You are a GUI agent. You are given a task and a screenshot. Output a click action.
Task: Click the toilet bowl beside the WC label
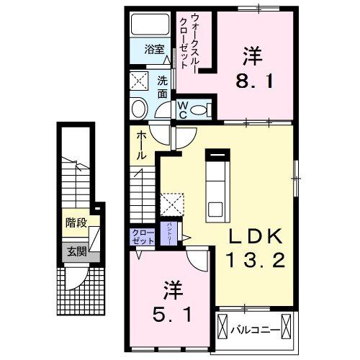coord(203,109)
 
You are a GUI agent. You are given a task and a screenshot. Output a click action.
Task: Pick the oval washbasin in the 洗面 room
coord(139,108)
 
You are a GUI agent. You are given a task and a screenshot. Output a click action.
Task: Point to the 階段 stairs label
coord(75,223)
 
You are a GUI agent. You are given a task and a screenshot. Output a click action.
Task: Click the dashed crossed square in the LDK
coord(171,204)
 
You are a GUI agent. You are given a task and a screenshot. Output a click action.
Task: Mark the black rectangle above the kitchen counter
coord(216,152)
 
